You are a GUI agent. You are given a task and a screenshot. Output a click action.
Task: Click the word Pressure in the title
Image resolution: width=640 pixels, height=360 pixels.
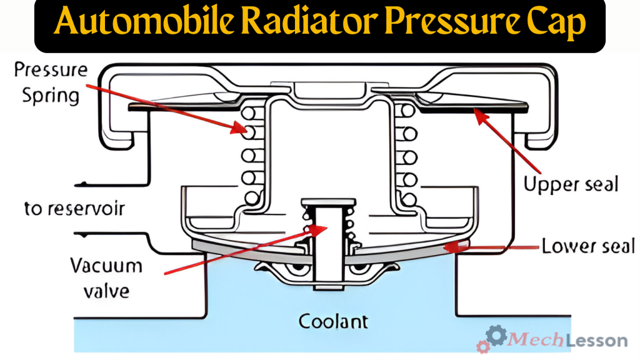click(x=440, y=24)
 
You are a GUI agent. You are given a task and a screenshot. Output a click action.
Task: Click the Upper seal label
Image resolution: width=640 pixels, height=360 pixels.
click(x=570, y=185)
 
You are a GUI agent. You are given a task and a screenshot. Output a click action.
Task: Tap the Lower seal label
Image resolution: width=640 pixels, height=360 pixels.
click(x=588, y=246)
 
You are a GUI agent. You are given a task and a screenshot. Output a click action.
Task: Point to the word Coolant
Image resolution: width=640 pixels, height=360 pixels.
click(x=333, y=321)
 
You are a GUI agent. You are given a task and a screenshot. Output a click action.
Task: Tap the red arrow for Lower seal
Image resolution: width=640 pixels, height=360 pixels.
click(x=494, y=247)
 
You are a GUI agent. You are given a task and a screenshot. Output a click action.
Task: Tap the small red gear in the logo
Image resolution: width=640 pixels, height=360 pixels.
click(x=482, y=346)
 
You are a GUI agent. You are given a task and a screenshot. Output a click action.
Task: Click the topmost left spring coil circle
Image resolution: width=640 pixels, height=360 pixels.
click(x=249, y=113)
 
